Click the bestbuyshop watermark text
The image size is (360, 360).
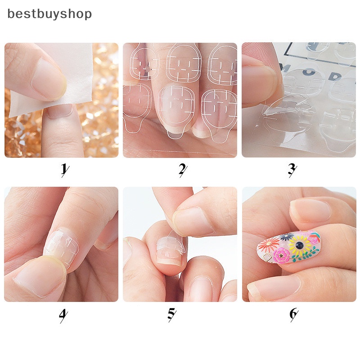pos(49,14)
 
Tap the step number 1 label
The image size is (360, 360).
pos(64,170)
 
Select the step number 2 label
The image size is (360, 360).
pos(182,170)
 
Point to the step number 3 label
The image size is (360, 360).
pos(292,170)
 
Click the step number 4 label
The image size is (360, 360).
pos(63,315)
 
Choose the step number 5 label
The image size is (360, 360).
pos(171,315)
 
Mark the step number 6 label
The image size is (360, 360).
pos(293,315)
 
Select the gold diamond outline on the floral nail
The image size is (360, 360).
pos(268,258)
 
